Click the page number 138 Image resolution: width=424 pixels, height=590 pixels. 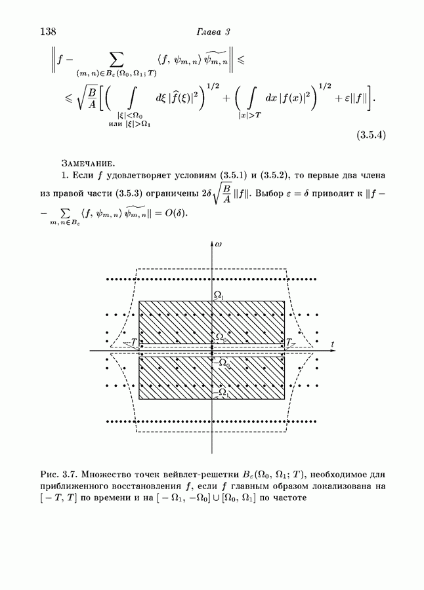tap(49, 31)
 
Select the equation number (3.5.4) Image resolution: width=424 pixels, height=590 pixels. tap(371, 136)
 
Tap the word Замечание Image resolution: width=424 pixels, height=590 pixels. tap(88, 163)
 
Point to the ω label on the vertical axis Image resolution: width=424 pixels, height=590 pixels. tap(218, 244)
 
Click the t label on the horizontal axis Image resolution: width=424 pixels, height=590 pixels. tap(333, 344)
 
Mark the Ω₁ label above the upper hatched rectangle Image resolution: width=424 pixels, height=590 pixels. tap(219, 296)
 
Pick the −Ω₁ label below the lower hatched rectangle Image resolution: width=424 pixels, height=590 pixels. tap(221, 393)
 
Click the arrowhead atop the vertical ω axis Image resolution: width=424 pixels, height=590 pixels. tap(211, 244)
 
